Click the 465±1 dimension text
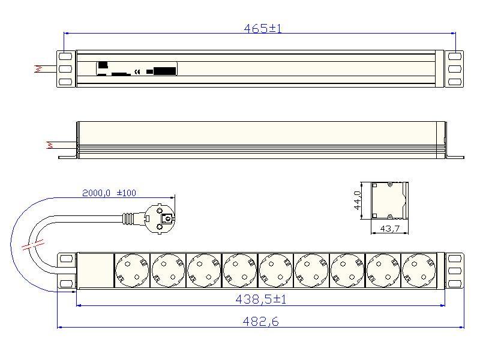click(262, 28)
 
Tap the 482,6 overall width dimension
click(260, 322)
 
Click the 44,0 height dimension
click(358, 200)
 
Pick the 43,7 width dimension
click(389, 229)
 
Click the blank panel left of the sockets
click(95, 269)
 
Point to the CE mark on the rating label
click(137, 73)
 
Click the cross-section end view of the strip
click(389, 201)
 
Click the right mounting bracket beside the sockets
click(455, 271)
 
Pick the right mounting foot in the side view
click(455, 157)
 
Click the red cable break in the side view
click(50, 145)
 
